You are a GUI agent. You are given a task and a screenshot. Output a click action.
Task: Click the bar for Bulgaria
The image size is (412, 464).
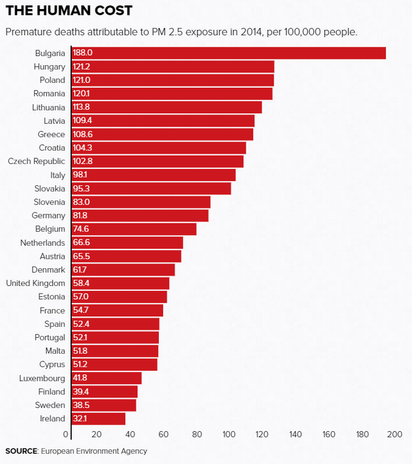[x=229, y=53]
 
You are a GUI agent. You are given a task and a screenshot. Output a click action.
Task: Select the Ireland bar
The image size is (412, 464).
[x=98, y=419]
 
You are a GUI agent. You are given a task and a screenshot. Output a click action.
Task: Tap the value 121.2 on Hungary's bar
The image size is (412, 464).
[x=81, y=67]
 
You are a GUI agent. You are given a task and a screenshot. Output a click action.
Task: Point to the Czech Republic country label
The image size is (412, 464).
[x=37, y=161]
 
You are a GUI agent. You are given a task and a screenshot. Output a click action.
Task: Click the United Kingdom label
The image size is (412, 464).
[x=35, y=283]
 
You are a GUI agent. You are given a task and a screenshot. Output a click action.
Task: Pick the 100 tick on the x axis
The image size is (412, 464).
[x=228, y=434]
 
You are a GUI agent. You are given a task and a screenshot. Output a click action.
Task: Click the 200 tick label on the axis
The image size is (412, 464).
[x=394, y=434]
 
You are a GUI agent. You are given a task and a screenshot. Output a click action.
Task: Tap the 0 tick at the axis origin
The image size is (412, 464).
[x=66, y=434]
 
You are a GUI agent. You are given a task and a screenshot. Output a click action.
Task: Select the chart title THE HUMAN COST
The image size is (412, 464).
[x=69, y=11]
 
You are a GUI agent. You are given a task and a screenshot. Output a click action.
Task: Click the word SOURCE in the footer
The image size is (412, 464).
[x=21, y=451]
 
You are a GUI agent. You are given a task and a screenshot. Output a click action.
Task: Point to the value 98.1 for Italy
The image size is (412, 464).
[x=80, y=175]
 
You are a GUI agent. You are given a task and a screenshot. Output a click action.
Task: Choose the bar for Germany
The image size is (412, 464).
[x=140, y=215]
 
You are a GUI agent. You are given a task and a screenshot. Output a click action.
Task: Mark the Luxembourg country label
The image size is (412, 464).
[x=42, y=378]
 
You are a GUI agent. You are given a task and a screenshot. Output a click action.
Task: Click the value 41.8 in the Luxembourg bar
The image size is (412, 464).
[x=80, y=378]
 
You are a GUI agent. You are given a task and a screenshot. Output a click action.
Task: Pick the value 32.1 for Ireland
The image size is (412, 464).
[x=80, y=419]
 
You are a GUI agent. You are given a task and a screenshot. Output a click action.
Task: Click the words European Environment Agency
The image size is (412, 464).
[x=94, y=451]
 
